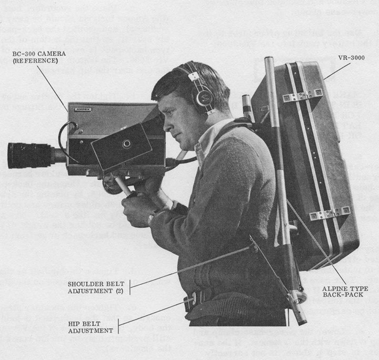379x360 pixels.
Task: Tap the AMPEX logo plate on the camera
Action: pos(82,109)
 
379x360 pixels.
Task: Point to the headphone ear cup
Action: pos(203,98)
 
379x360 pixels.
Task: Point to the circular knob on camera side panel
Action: pos(127,143)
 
